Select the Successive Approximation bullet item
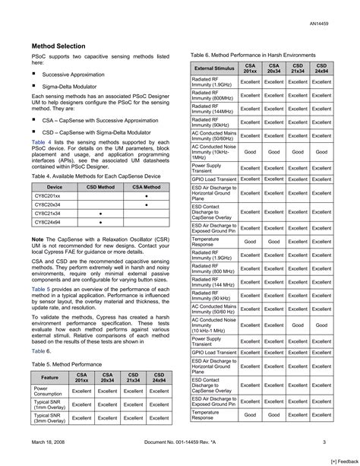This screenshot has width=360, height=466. (x=74, y=74)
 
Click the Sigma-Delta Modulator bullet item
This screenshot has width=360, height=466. (x=69, y=87)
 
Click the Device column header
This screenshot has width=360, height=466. (x=55, y=186)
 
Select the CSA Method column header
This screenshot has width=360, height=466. (x=147, y=186)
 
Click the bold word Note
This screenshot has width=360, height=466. (x=37, y=239)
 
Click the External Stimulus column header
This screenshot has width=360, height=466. (x=213, y=68)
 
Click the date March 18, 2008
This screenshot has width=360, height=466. (x=52, y=442)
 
